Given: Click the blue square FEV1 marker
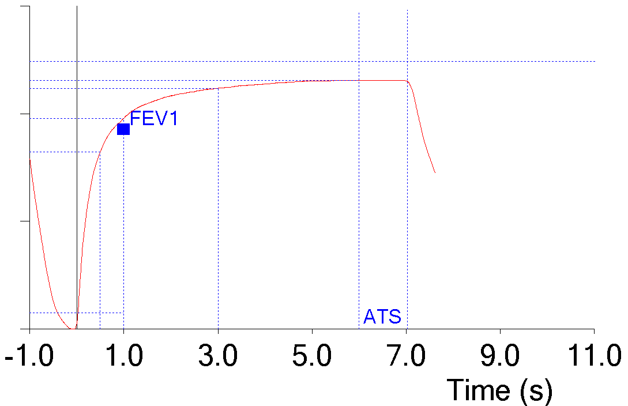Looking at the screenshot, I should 123,129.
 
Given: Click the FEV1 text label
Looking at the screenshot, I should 154,119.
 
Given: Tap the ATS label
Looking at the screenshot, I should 382,317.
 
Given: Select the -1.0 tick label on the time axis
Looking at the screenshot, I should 29,357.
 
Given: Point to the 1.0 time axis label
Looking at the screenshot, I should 123,357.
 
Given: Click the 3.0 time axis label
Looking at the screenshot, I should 218,357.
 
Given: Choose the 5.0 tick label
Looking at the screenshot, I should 312,357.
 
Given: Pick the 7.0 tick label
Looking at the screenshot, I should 407,357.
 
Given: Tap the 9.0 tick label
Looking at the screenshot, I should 501,357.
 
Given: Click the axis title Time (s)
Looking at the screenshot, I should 500,390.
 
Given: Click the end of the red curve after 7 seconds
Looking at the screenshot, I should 435,172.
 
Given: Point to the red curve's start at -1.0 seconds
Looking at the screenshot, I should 29,160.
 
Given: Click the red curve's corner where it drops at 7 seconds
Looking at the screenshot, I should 407,81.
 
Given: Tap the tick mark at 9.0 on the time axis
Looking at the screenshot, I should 500,330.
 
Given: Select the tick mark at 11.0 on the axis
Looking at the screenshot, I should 594,330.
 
